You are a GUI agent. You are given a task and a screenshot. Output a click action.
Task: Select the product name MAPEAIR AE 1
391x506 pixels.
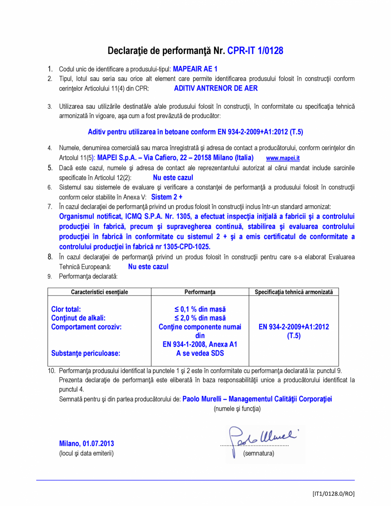pyautogui.click(x=195, y=68)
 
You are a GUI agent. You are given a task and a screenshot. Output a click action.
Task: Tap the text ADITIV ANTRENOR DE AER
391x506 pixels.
pyautogui.click(x=216, y=88)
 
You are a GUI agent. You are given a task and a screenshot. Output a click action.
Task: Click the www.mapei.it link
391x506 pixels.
pyautogui.click(x=283, y=158)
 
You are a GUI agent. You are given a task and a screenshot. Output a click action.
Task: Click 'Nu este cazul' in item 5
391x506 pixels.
pyautogui.click(x=173, y=178)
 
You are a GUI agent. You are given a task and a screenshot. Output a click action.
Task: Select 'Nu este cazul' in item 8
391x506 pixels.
pyautogui.click(x=148, y=267)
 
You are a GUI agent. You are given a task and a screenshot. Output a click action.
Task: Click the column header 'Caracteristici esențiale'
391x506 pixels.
pyautogui.click(x=100, y=292)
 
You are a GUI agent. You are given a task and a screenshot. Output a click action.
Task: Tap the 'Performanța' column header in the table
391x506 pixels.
pyautogui.click(x=200, y=292)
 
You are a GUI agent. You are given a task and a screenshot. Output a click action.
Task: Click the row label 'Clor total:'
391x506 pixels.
pyautogui.click(x=66, y=309)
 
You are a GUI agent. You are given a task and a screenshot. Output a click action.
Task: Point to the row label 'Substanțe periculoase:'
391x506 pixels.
pyautogui.click(x=86, y=353)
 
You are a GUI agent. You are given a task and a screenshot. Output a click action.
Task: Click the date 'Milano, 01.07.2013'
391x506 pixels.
pyautogui.click(x=86, y=444)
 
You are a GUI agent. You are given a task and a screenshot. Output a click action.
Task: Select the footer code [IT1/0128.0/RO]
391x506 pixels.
pyautogui.click(x=333, y=494)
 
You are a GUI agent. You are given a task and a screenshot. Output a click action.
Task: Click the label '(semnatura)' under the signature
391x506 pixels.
pyautogui.click(x=258, y=453)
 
